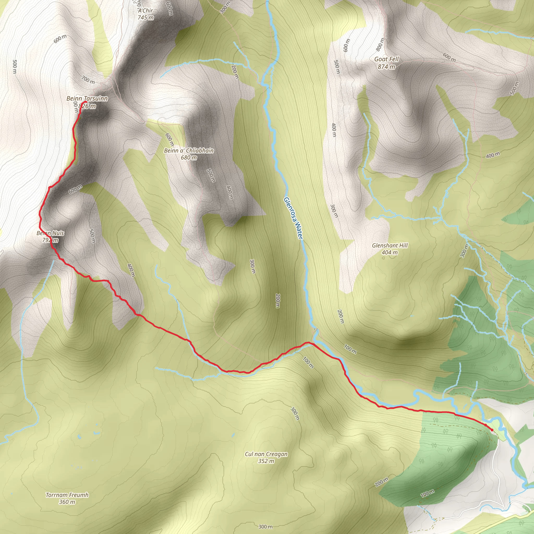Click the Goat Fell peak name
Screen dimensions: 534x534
(x=386, y=59)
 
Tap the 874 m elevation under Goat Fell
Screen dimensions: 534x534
(x=386, y=66)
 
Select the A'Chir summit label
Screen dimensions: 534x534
(x=145, y=10)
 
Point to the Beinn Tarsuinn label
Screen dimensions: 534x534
(x=87, y=99)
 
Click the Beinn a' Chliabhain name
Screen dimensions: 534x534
(x=189, y=151)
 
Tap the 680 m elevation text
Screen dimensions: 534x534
(x=189, y=157)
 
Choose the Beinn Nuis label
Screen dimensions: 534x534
(x=50, y=233)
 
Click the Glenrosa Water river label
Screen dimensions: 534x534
(x=293, y=218)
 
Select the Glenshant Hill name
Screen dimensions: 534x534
(x=390, y=245)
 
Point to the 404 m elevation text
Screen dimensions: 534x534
(x=390, y=252)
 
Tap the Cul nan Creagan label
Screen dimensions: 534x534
(x=266, y=454)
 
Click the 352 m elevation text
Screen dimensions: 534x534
(x=266, y=461)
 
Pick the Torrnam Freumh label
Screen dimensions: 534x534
(x=67, y=495)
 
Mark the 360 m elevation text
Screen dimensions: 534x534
(x=67, y=502)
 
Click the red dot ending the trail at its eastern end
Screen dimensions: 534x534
(x=492, y=430)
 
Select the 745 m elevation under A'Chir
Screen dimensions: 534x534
(x=146, y=18)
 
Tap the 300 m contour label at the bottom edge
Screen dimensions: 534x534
(x=266, y=526)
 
